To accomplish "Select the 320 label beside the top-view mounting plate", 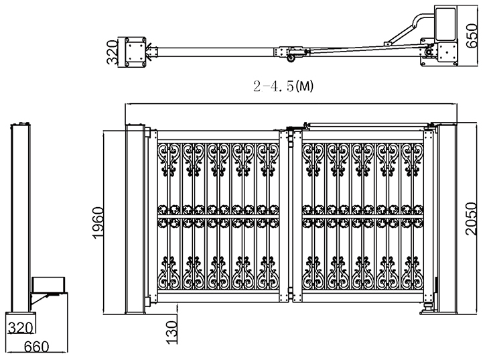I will click(x=113, y=51).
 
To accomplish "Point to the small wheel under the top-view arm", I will click(x=291, y=61).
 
